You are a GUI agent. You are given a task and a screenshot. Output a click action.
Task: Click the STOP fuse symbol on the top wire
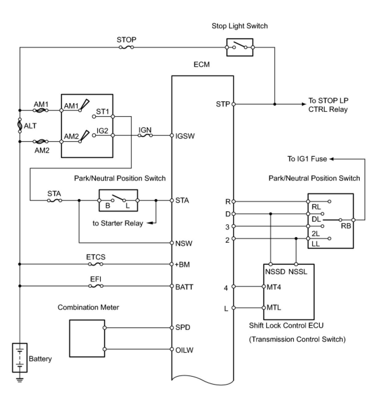click(x=126, y=47)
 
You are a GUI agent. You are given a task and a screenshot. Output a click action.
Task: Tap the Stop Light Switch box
click(x=240, y=47)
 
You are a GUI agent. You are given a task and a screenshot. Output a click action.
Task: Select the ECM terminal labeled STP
click(x=233, y=104)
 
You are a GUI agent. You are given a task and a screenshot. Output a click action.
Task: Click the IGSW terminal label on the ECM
click(x=185, y=136)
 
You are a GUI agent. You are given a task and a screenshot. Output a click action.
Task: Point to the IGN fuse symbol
click(x=145, y=135)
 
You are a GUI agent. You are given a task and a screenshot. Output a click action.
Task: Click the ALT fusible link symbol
click(x=20, y=125)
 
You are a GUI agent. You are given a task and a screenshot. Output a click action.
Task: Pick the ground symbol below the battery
click(x=20, y=380)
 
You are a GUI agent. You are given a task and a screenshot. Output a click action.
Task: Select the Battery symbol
click(x=20, y=357)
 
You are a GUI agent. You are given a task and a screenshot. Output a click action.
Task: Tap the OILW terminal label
click(x=184, y=350)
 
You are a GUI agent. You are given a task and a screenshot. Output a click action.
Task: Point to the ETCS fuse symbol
click(x=96, y=264)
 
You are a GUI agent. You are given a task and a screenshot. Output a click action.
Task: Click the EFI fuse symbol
click(x=96, y=286)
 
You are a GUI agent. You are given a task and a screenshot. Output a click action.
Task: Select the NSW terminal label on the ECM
click(x=184, y=243)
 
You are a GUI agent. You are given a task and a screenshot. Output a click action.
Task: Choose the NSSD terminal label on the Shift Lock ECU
click(x=275, y=272)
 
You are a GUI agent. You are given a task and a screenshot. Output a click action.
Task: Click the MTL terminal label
click(x=274, y=308)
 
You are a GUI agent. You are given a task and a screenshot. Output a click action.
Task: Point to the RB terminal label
click(x=346, y=226)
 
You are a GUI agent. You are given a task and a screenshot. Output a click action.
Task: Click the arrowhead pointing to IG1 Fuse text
click(x=332, y=159)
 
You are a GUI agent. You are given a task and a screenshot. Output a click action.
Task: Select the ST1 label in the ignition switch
click(x=102, y=111)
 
